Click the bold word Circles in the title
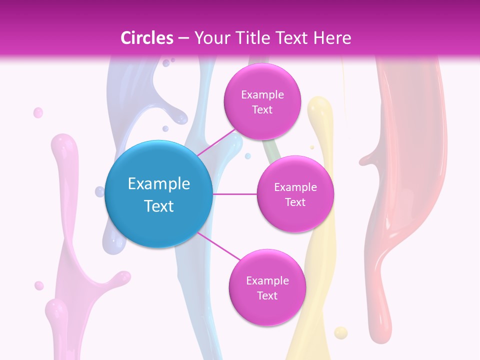(x=146, y=38)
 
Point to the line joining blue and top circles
(x=216, y=142)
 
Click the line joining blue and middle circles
(x=235, y=194)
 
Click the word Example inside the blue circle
(x=158, y=183)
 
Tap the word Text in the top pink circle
(x=262, y=110)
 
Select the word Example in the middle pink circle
(x=295, y=187)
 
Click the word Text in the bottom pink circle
(x=267, y=295)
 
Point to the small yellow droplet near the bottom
(x=340, y=332)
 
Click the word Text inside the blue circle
(x=158, y=206)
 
